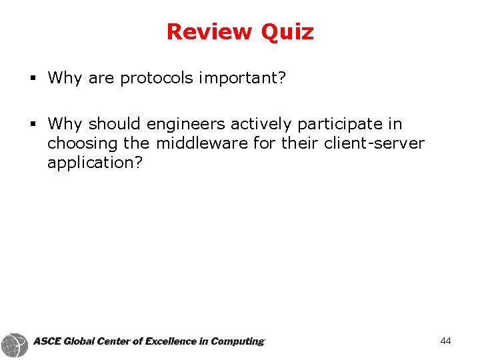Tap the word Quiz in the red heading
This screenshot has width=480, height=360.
pyautogui.click(x=287, y=31)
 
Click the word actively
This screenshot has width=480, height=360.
pyautogui.click(x=261, y=124)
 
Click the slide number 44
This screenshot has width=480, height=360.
pyautogui.click(x=445, y=341)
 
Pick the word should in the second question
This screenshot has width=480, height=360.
pyautogui.click(x=115, y=124)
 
